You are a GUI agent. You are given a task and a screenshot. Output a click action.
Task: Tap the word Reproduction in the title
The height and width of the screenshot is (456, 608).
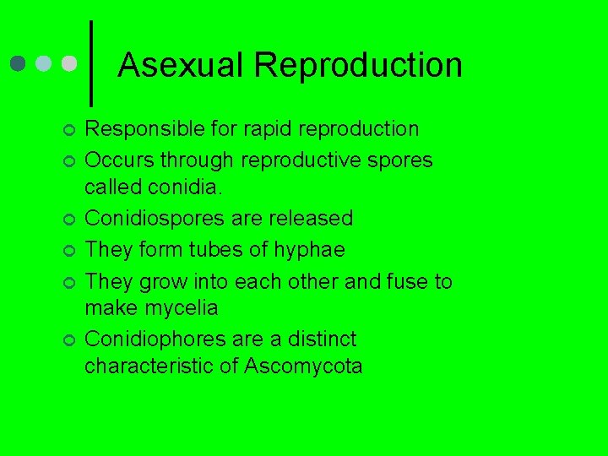(x=358, y=66)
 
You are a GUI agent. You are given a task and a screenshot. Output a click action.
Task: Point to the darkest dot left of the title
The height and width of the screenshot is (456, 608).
(x=19, y=64)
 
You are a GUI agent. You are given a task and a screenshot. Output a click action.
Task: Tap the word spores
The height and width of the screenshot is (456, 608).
(x=402, y=160)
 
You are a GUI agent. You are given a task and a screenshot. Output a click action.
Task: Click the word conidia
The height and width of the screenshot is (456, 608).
(x=172, y=187)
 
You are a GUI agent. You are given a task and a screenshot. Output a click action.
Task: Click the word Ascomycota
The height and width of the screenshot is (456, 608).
(x=303, y=366)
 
